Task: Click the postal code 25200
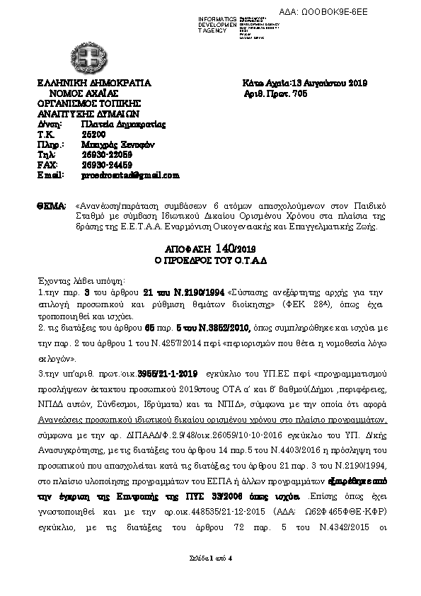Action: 92,133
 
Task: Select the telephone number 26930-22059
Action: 107,154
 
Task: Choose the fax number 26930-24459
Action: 107,164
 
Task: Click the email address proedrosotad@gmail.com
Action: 130,175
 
